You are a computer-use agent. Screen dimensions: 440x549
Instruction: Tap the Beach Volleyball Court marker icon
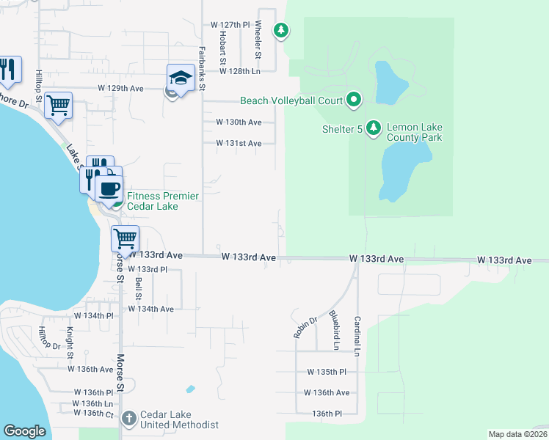(354, 99)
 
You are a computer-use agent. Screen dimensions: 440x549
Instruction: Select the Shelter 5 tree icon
(374, 128)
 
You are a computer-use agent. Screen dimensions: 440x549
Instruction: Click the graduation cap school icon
(180, 76)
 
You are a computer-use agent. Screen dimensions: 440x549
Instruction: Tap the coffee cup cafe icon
(109, 188)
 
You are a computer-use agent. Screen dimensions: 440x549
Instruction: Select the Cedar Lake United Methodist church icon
(128, 419)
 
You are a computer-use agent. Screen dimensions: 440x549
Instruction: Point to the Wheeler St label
(258, 40)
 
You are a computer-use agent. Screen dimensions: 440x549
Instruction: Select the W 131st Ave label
(239, 144)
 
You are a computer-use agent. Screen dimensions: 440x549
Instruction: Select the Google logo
(24, 431)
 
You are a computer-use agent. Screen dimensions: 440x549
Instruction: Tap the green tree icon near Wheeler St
(280, 30)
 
